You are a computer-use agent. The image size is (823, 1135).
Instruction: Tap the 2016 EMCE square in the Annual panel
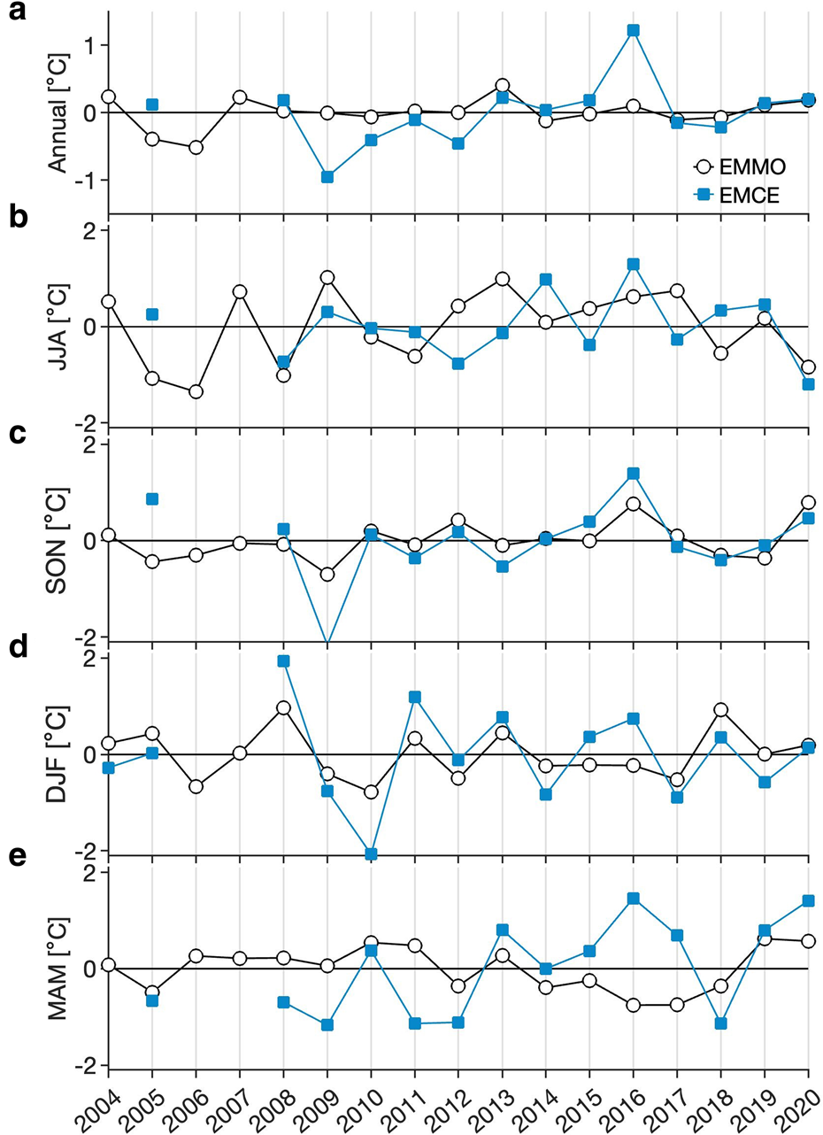click(633, 31)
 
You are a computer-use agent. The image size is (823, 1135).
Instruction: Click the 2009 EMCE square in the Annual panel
click(327, 177)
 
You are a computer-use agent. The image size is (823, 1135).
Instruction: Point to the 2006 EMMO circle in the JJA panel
click(196, 391)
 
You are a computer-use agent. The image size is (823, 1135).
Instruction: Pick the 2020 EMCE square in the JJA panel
click(808, 384)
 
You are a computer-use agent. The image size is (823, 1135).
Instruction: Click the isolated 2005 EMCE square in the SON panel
click(152, 499)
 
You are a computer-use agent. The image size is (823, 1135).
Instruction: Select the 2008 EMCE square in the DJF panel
click(283, 661)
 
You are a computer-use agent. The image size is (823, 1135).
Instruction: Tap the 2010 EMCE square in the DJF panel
click(371, 853)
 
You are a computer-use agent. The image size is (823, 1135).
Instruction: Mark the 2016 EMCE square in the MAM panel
click(633, 899)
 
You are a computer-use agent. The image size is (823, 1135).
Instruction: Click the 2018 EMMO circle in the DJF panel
click(720, 710)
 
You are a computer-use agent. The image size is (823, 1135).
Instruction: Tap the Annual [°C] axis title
click(58, 112)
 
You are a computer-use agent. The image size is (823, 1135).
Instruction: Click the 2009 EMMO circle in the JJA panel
click(327, 278)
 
